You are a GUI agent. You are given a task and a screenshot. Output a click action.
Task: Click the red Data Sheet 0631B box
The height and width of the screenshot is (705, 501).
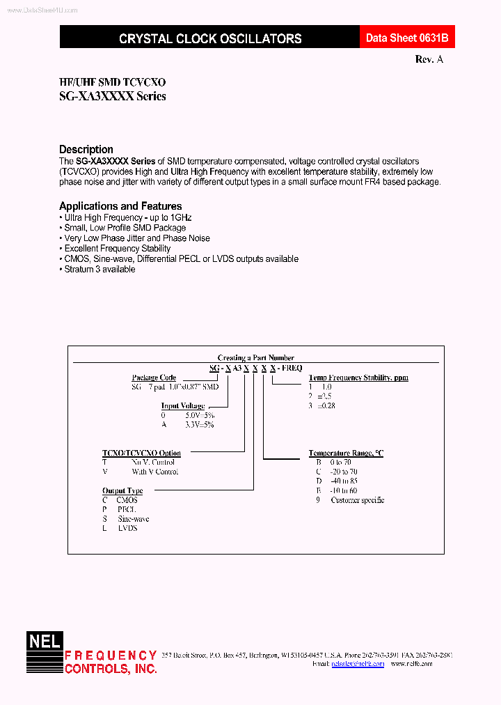click(401, 38)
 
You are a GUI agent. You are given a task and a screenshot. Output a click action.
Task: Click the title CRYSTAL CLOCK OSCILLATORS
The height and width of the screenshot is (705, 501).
click(210, 39)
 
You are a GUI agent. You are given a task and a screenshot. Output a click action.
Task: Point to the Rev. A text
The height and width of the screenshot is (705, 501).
click(429, 59)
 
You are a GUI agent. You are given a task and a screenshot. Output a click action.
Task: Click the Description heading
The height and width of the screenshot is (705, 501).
click(86, 149)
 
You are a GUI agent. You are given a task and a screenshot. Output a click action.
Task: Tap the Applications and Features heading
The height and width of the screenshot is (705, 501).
click(120, 206)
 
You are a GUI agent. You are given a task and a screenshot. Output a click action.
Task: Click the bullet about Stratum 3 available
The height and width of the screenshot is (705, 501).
click(100, 269)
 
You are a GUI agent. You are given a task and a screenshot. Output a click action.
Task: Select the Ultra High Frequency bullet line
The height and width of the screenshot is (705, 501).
click(127, 217)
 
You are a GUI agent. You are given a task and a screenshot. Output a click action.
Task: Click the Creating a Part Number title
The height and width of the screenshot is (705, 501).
click(255, 357)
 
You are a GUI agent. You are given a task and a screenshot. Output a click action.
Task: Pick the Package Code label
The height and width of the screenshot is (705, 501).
click(154, 378)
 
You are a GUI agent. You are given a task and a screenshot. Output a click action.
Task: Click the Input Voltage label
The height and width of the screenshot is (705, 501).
click(183, 405)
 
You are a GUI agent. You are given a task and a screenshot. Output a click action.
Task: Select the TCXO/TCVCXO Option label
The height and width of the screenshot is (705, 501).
click(141, 453)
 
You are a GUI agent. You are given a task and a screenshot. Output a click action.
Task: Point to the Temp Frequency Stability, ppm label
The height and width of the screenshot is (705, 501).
click(358, 378)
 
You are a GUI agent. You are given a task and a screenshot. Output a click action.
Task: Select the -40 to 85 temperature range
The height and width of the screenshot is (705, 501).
click(344, 481)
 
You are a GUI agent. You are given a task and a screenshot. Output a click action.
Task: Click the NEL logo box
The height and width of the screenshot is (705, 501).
click(45, 641)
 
